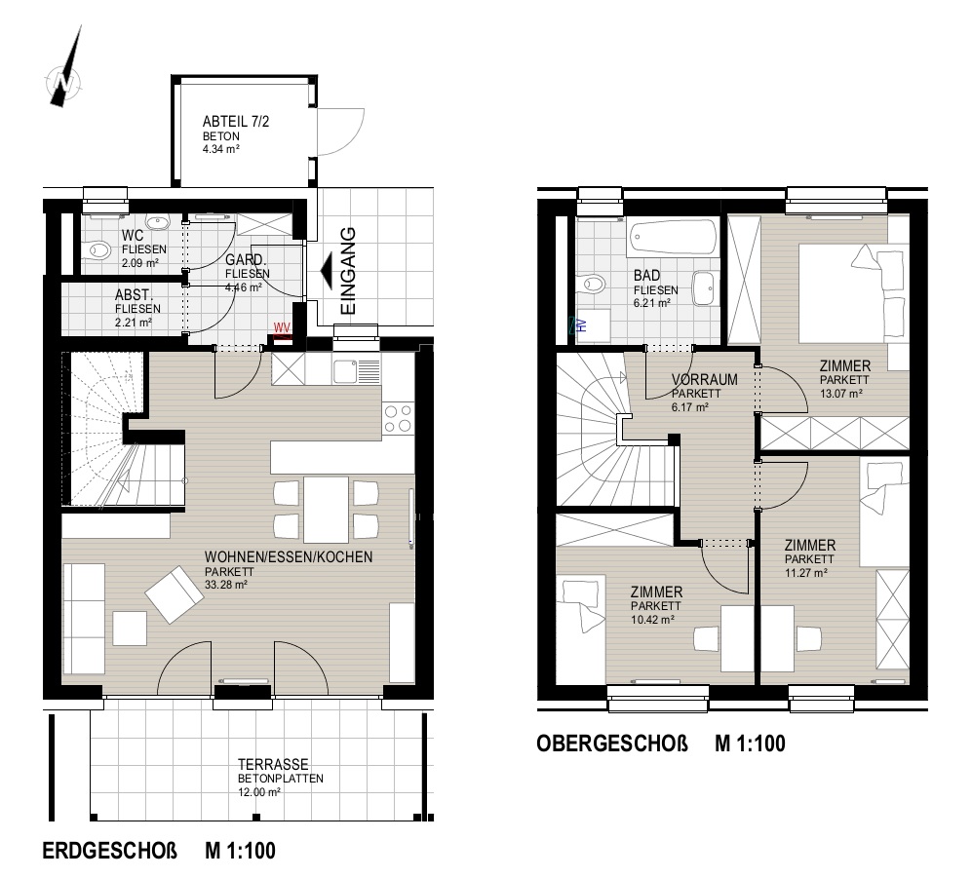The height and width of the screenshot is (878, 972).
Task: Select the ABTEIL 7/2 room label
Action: point(236,122)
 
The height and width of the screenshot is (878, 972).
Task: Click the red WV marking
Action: point(282,327)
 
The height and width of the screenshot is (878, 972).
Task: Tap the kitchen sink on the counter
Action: point(357,372)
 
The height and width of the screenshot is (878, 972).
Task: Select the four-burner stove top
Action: point(398,418)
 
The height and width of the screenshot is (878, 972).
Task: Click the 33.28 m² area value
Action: point(225,585)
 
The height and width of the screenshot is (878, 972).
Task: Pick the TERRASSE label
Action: point(273,765)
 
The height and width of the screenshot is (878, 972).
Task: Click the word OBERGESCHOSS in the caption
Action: point(612,743)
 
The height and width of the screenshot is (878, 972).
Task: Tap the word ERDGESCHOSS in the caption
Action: point(109,850)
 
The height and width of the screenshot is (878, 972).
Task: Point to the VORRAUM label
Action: point(705,379)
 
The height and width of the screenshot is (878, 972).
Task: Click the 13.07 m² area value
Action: point(841,394)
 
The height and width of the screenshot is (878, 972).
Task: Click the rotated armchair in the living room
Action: point(175,593)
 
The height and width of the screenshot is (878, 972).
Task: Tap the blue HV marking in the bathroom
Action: point(581,324)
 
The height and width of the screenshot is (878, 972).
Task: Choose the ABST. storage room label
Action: point(134,295)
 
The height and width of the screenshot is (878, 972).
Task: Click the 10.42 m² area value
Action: point(652,620)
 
